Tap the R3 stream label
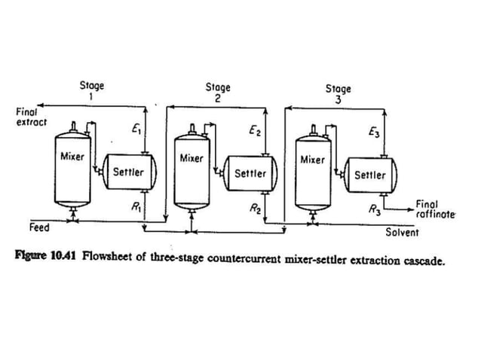click(374, 210)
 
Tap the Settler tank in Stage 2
click(250, 173)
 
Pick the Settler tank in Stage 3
click(369, 175)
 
